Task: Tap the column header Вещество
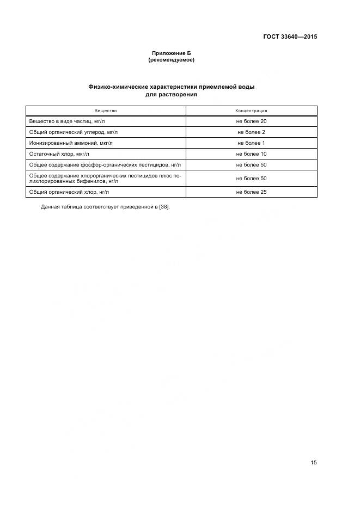(x=106, y=111)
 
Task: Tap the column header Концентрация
(x=251, y=111)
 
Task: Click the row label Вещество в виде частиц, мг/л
(x=67, y=121)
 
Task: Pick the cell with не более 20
(x=251, y=121)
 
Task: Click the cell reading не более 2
(x=251, y=132)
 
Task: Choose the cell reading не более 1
(x=251, y=143)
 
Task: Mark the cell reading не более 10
(x=251, y=154)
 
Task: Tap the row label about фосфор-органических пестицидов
(x=105, y=165)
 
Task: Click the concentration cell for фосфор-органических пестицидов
(x=251, y=165)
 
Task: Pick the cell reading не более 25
(x=251, y=192)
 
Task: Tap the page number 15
(x=313, y=463)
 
